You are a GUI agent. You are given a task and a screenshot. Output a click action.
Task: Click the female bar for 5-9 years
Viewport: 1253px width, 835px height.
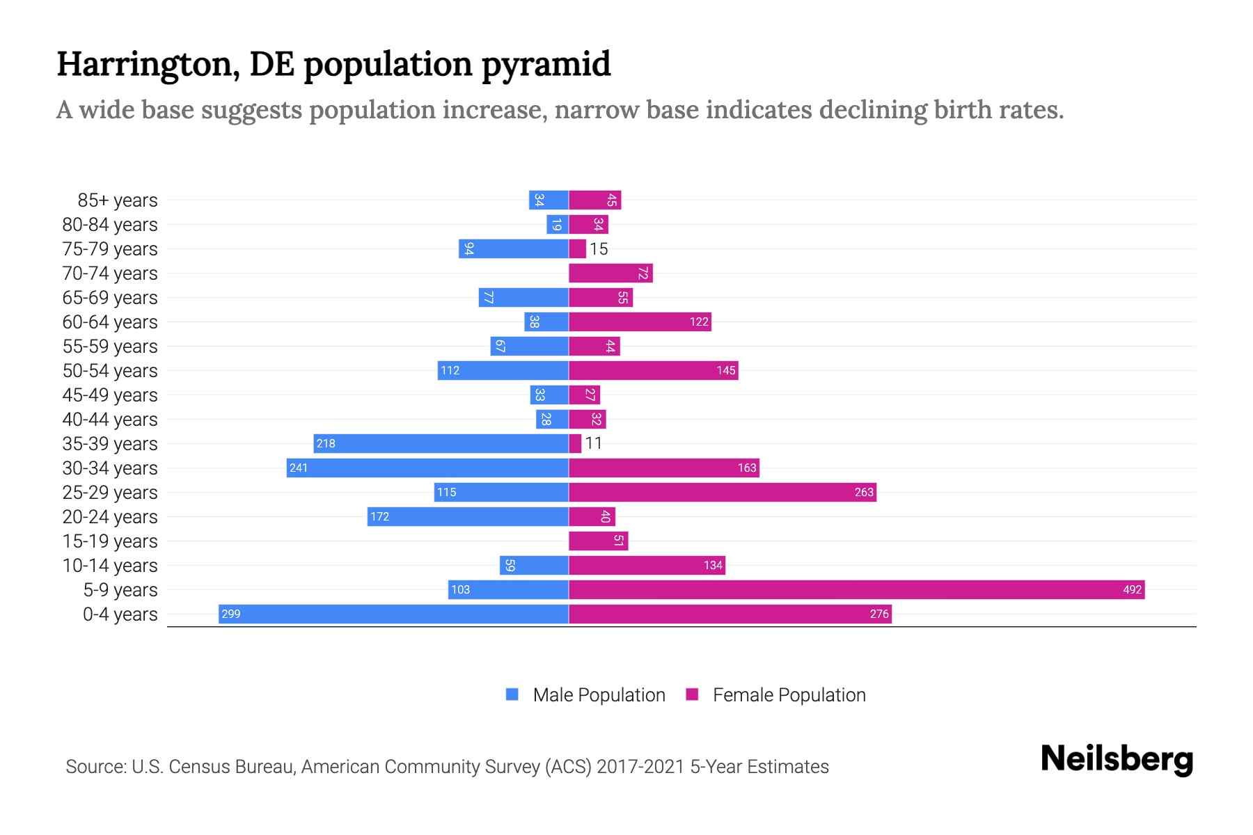point(856,589)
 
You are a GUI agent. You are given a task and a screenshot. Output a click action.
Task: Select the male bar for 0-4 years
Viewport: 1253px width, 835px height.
point(393,614)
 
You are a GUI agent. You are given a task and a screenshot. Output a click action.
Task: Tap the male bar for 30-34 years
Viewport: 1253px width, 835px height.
point(427,468)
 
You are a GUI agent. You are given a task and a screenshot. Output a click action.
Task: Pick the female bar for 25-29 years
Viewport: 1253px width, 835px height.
point(722,492)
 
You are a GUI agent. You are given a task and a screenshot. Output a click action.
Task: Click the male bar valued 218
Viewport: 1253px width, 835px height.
point(441,443)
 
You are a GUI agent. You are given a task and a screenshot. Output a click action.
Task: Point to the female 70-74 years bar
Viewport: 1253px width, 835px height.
point(610,273)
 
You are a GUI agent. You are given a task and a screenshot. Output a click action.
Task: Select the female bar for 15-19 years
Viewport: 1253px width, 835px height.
point(598,541)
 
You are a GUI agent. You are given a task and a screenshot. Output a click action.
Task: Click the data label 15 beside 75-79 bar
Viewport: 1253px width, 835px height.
point(599,249)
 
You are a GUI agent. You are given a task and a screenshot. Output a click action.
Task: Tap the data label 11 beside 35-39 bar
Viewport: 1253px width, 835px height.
point(593,443)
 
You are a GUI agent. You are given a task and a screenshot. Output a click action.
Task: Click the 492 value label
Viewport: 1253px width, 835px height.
point(1132,589)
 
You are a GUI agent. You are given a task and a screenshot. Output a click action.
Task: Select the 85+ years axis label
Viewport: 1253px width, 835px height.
point(118,200)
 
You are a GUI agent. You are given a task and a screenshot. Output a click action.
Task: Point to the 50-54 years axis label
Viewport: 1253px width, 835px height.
point(110,371)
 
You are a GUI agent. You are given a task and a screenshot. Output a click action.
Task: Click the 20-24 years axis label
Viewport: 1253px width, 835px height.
point(110,517)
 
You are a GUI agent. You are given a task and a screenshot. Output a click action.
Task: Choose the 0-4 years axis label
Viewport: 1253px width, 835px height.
point(120,614)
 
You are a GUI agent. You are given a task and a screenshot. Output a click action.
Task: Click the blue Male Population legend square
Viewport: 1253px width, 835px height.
point(512,694)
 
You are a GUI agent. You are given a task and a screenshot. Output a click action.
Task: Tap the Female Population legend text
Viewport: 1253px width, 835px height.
point(789,694)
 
